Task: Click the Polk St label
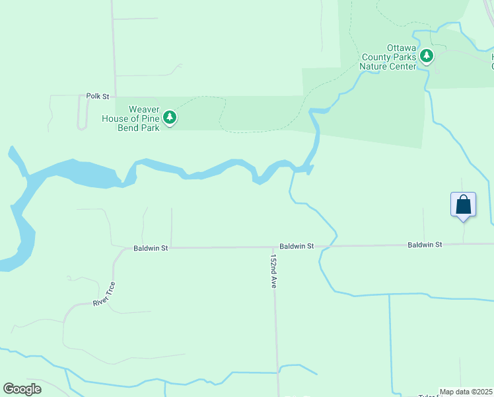97,96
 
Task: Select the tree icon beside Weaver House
170,118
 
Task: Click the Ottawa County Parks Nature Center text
388,57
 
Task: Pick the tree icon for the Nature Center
427,56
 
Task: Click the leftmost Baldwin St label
151,248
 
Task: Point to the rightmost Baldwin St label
425,245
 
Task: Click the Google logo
22,389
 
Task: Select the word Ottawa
400,48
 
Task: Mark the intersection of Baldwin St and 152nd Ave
274,247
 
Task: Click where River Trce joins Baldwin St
125,249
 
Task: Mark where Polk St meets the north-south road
116,96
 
